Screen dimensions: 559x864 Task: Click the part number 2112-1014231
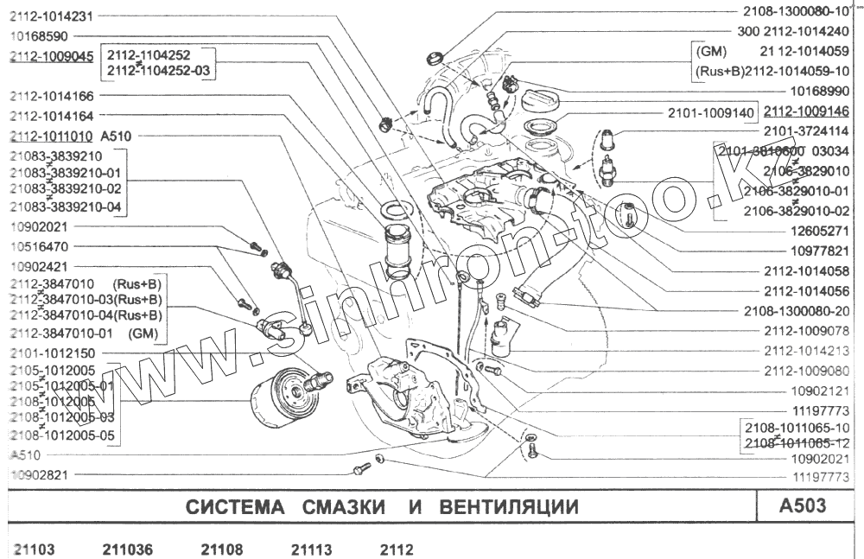pyautogui.click(x=51, y=16)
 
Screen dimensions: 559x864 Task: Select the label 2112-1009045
pyautogui.click(x=51, y=56)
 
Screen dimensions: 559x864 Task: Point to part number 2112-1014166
pyautogui.click(x=51, y=96)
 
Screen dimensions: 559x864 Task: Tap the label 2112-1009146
pyautogui.click(x=806, y=111)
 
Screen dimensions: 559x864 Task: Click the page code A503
pyautogui.click(x=803, y=506)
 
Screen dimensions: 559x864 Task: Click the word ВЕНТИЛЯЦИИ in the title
pyautogui.click(x=508, y=507)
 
